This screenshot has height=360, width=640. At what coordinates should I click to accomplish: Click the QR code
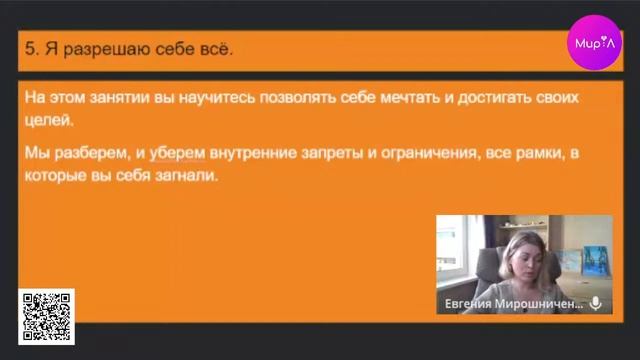[x=46, y=317]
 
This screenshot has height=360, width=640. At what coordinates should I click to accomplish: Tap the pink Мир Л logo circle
[x=595, y=42]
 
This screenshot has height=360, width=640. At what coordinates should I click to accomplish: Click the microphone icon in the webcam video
[x=596, y=303]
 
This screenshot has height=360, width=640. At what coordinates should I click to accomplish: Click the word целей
[x=47, y=121]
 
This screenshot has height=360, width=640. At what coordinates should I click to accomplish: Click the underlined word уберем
[x=177, y=153]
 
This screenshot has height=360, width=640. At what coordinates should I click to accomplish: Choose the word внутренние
[x=255, y=153]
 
